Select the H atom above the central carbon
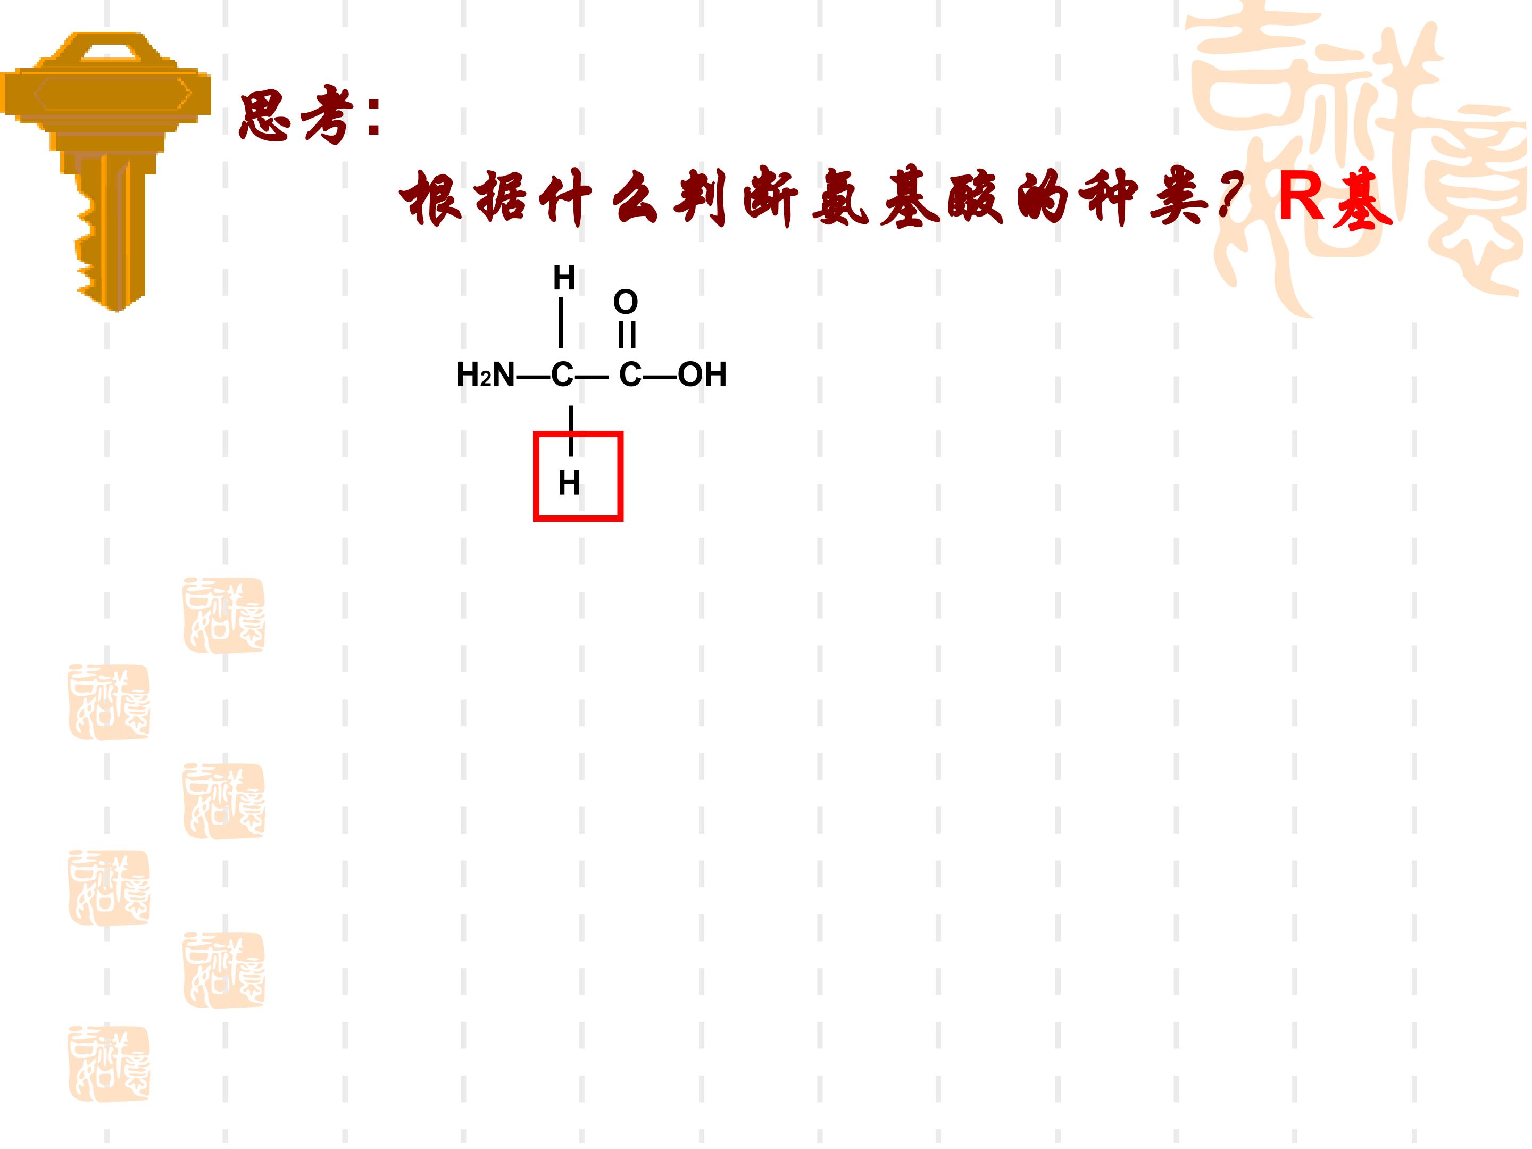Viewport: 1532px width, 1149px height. (x=564, y=278)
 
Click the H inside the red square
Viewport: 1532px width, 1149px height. (x=569, y=484)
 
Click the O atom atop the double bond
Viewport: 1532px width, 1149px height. (x=626, y=302)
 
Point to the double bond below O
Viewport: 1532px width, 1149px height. (x=627, y=335)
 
